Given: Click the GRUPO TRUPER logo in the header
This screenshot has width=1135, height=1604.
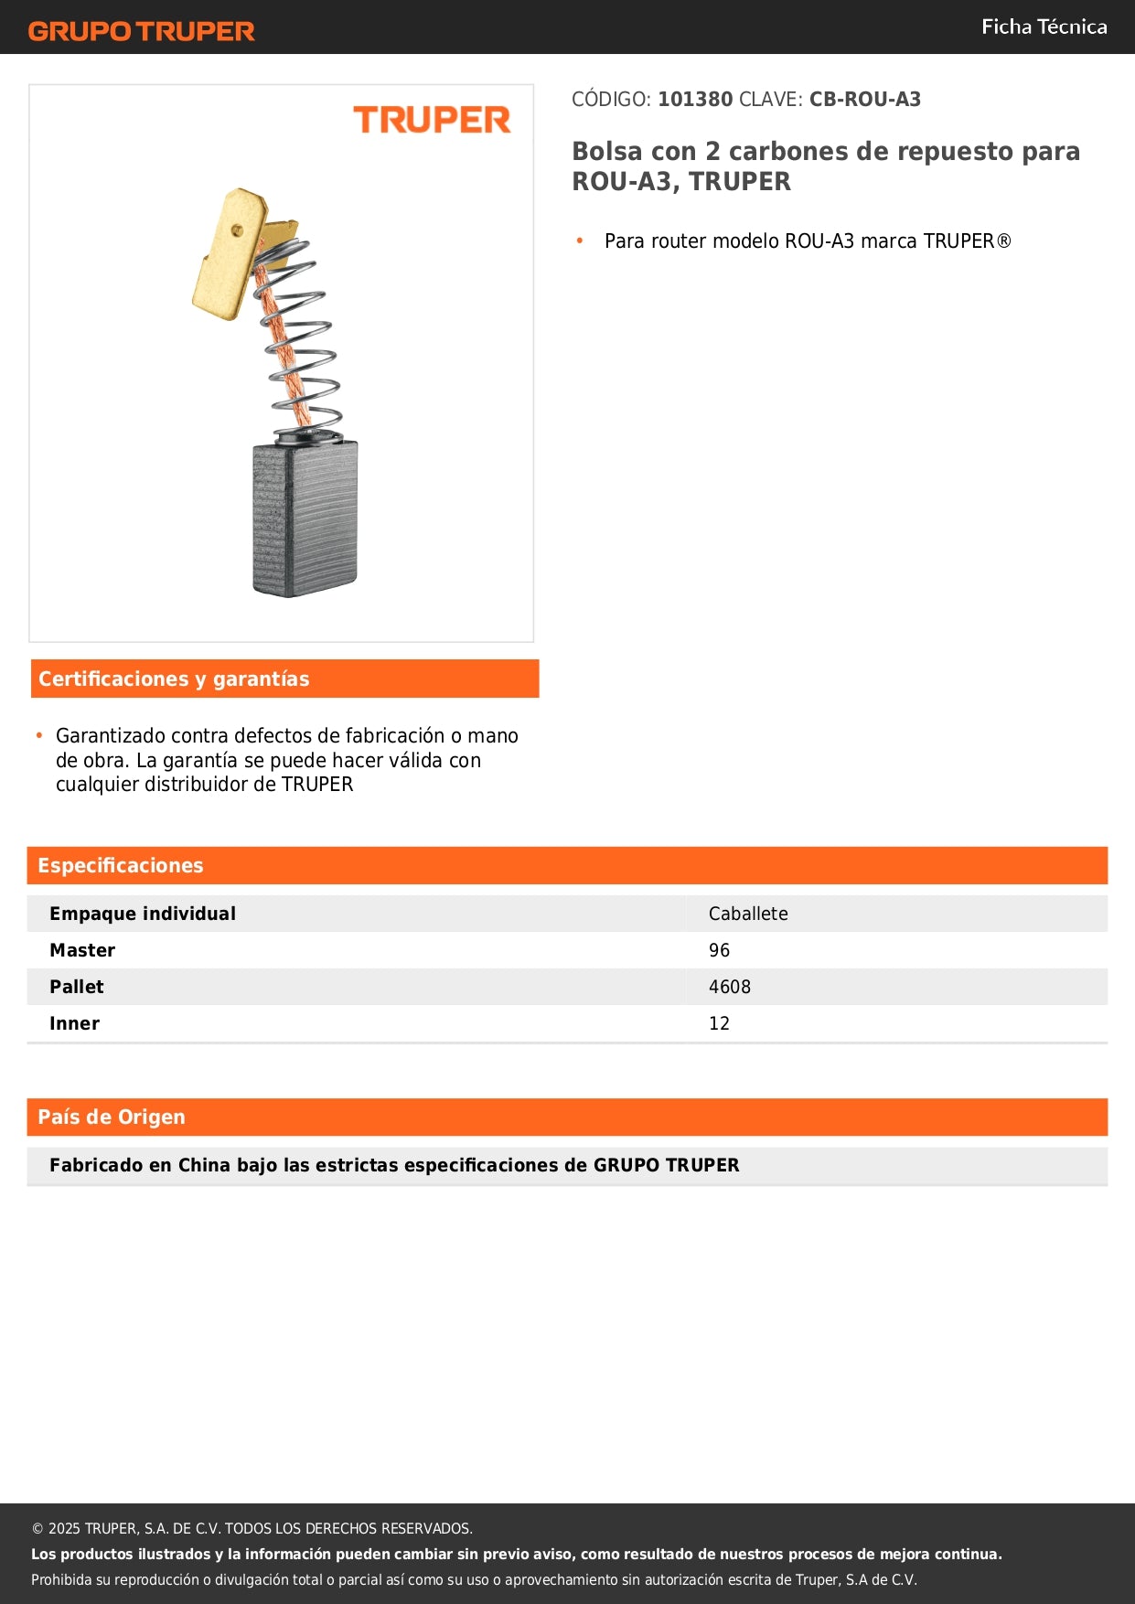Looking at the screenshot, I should tap(141, 31).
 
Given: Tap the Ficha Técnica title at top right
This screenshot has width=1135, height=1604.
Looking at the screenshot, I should tap(1044, 27).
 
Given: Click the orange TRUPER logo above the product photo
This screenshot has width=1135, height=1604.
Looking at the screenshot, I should tap(432, 120).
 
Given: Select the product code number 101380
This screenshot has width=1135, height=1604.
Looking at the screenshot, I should tap(695, 100).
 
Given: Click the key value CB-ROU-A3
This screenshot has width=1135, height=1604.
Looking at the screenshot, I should tap(864, 100).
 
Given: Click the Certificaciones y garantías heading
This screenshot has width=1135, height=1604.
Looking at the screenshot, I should tap(174, 679).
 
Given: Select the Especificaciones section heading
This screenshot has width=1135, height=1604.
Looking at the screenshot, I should tap(120, 865).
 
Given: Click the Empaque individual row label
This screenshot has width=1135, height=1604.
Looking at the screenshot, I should tap(143, 914).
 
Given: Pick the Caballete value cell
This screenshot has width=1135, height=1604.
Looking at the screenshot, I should tap(748, 914).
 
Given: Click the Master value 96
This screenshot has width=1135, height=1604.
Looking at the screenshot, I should tap(719, 950).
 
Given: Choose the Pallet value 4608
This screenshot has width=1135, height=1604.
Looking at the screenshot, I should tap(729, 987).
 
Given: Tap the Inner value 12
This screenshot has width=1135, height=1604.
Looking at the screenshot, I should tap(719, 1023).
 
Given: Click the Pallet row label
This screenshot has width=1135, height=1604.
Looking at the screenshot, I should tap(77, 987).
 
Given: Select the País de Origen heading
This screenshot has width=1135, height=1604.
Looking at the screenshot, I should tap(111, 1117).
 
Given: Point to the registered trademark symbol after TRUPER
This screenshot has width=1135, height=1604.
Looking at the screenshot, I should tap(1004, 241).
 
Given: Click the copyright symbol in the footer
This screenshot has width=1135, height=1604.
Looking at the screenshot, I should tap(37, 1528).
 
